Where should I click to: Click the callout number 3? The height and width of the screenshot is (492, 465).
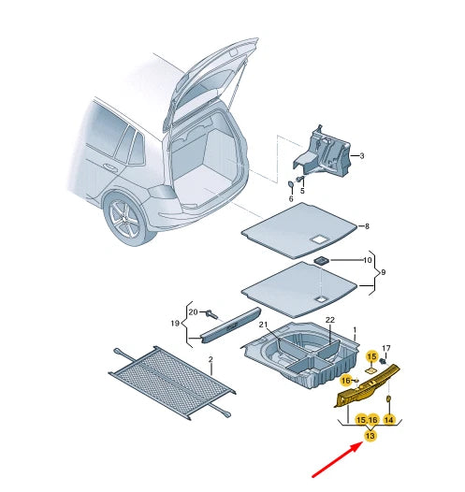point(362,156)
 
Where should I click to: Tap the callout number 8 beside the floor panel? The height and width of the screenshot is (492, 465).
point(367,226)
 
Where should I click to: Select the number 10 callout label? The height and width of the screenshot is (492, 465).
point(367,260)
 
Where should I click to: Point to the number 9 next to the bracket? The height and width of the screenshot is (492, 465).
point(383,272)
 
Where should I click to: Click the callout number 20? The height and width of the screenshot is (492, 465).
point(193,311)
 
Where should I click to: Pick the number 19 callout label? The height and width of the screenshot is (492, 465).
point(175,323)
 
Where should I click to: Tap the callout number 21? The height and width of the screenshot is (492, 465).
point(263,325)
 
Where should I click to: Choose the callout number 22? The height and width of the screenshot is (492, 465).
point(330,320)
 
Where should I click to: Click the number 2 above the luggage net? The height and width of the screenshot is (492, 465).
point(211,359)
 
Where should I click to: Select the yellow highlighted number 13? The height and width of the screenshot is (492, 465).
point(371,436)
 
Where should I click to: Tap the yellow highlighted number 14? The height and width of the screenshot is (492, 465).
point(389,420)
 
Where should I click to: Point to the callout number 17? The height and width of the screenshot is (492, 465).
point(386,348)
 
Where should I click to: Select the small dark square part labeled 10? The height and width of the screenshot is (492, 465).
point(322,260)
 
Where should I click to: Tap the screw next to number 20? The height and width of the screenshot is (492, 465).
point(211,314)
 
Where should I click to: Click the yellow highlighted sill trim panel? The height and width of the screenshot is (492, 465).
point(367,385)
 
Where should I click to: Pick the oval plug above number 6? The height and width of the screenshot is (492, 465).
point(291,184)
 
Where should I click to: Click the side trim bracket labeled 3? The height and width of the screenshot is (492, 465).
point(322,152)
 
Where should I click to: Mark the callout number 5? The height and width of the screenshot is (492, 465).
point(302,191)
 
